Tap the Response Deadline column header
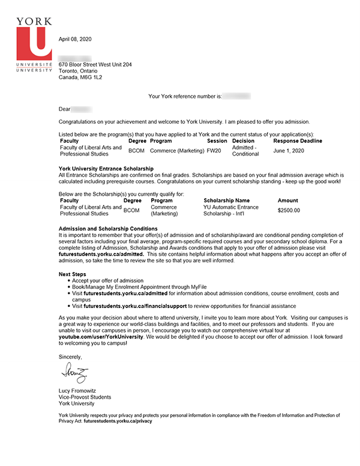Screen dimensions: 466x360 click(298, 141)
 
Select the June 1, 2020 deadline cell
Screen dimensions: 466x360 click(289, 150)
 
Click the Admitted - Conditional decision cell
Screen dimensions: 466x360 click(245, 150)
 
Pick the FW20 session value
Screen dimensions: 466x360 click(214, 150)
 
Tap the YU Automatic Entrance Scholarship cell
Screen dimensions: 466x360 click(231, 210)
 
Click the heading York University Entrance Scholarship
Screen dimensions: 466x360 click(106, 168)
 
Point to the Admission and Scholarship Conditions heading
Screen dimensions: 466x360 click(108, 229)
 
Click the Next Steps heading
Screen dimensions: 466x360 click(73, 274)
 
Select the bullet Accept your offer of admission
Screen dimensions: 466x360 click(108, 280)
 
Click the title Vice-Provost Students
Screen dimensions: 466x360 click(85, 397)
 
